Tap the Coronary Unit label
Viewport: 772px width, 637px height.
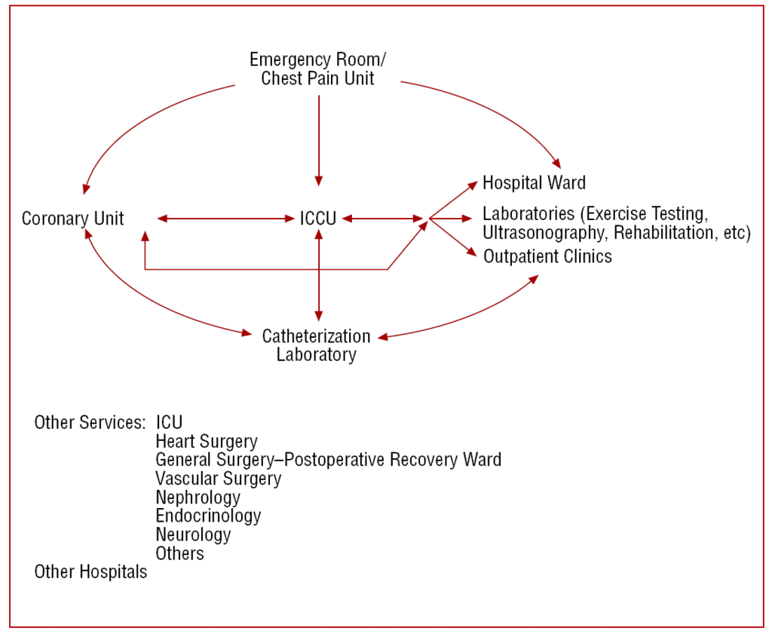pos(72,219)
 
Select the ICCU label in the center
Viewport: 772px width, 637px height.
pos(317,219)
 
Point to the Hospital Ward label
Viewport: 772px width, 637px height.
pos(534,182)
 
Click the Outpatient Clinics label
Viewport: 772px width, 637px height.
pos(547,256)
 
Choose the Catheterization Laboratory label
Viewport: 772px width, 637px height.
pos(316,345)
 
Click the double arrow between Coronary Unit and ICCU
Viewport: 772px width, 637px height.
pos(226,219)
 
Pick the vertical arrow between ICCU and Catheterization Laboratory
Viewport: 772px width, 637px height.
pos(319,275)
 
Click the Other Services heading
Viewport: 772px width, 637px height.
pos(89,422)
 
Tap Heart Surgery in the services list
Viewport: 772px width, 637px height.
pos(207,441)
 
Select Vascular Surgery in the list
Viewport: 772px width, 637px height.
pos(219,478)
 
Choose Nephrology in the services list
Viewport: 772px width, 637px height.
pos(198,497)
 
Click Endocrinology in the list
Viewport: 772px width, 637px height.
pos(208,516)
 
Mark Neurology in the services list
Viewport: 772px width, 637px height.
pos(193,534)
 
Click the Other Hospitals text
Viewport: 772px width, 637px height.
pos(90,572)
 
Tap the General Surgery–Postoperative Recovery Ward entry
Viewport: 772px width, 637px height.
pos(328,459)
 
